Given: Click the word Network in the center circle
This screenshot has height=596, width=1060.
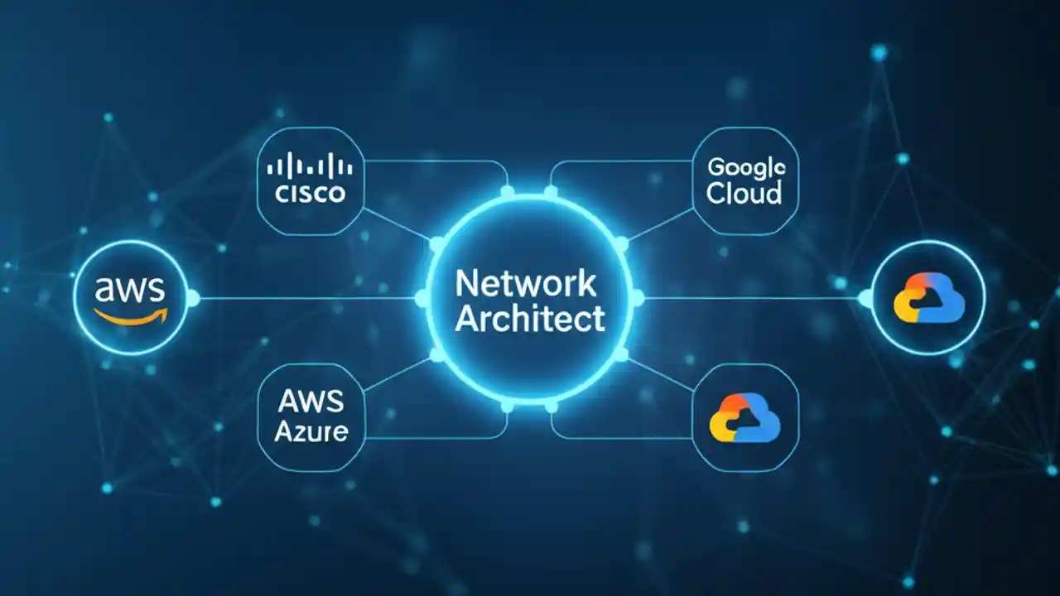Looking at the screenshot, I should click(x=525, y=284).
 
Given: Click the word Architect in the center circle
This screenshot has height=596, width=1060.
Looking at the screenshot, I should click(x=530, y=319).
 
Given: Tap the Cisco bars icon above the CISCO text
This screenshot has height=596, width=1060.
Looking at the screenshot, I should click(x=310, y=166).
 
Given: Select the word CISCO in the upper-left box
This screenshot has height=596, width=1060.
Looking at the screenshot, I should click(x=310, y=195).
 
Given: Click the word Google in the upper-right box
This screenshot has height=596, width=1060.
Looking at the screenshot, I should click(x=745, y=166).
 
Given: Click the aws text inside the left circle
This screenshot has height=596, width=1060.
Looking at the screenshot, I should click(x=131, y=290).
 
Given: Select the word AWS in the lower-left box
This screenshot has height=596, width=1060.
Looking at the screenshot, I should click(x=311, y=401).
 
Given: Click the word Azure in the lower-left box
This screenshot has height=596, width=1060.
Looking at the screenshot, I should click(x=311, y=431).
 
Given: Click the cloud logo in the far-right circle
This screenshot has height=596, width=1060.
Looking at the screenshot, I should click(x=928, y=298).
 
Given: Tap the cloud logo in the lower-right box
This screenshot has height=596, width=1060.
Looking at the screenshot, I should click(x=744, y=417).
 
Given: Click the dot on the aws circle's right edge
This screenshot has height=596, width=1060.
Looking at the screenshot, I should click(x=192, y=298).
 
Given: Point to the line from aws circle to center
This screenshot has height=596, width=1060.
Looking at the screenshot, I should click(x=306, y=298).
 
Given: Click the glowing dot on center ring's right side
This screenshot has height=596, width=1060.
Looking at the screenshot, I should click(x=638, y=298).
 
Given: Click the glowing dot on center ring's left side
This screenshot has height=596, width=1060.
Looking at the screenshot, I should click(x=421, y=298).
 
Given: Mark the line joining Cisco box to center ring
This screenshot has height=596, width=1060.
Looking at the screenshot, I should click(x=397, y=223).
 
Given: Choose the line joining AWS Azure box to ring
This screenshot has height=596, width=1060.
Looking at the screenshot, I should click(x=397, y=374).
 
